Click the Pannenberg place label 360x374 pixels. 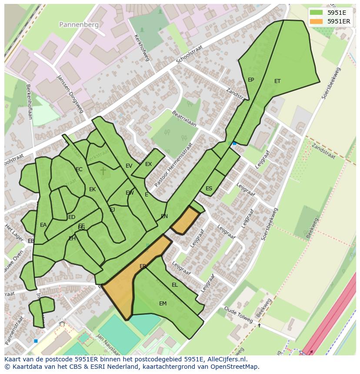80,25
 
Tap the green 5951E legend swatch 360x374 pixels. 317,13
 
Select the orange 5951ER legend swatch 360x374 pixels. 317,21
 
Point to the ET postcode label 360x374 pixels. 277,81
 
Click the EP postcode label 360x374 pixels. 251,80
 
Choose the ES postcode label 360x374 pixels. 209,189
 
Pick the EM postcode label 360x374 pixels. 163,304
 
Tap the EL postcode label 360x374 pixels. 175,285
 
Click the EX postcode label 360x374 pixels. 149,164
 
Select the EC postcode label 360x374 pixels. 79,169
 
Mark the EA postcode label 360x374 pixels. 43,225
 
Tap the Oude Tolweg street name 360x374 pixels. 239,315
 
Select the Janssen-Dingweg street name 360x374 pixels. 70,94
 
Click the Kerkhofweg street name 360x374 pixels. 142,48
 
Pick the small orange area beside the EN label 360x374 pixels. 185,220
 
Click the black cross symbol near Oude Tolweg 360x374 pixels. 260,325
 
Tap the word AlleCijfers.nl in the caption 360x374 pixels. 227,359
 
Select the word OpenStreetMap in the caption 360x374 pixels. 236,367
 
